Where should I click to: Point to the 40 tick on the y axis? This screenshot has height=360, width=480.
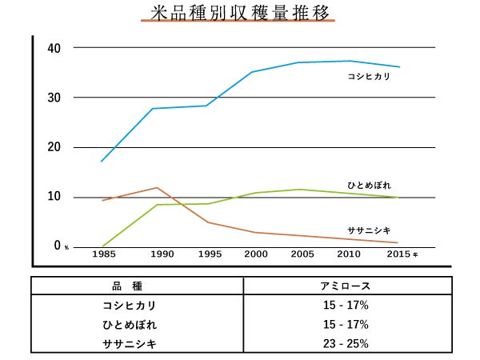(x=54, y=47)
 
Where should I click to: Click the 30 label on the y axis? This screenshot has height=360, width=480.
(x=54, y=98)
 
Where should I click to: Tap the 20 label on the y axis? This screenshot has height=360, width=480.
(x=54, y=147)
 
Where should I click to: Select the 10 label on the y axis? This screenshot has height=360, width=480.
(x=54, y=197)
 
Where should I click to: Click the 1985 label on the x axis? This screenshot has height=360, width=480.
(x=102, y=254)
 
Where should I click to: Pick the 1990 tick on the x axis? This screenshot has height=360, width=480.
(x=162, y=254)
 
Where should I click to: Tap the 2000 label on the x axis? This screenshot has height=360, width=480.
(x=256, y=254)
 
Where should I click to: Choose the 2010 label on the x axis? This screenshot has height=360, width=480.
(x=349, y=254)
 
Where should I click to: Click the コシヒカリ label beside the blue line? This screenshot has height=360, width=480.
(x=369, y=78)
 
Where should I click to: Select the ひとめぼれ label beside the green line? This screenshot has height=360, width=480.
(x=369, y=186)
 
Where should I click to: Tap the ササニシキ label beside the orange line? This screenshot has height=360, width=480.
(x=369, y=230)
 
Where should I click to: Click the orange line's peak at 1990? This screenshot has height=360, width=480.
(x=157, y=187)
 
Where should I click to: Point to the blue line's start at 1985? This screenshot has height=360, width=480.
(x=102, y=162)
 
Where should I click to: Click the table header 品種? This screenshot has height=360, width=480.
(x=136, y=286)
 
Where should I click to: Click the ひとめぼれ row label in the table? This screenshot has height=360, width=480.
(x=130, y=325)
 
